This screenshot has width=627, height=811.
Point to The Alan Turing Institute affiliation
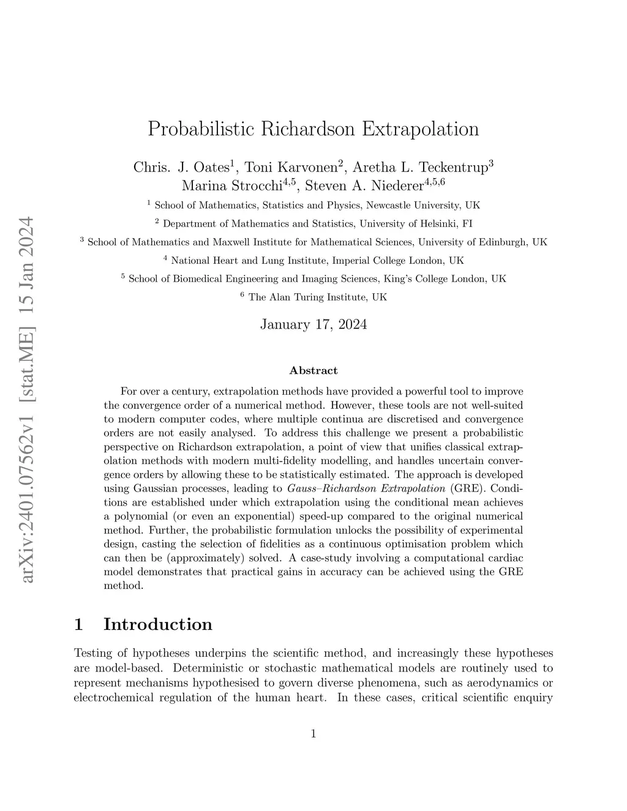coord(318,297)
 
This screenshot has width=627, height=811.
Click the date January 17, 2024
coord(313,324)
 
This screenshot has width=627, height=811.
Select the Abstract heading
coord(313,370)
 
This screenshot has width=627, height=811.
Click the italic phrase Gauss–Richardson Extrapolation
coord(366,488)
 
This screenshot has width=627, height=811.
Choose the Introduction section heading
coord(157,624)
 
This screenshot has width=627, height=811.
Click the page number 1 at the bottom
coord(313,734)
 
